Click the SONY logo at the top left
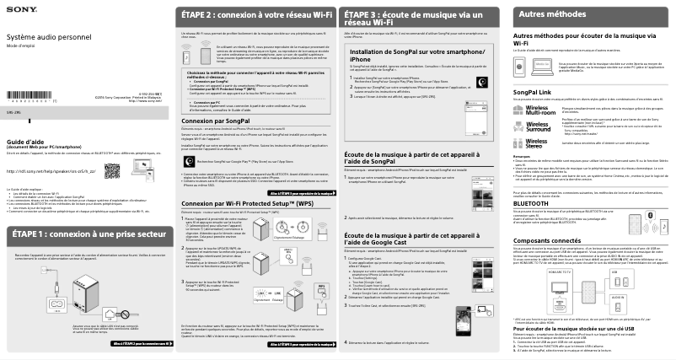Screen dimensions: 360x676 tap(19, 10)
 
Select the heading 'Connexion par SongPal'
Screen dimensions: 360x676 tap(217, 121)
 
